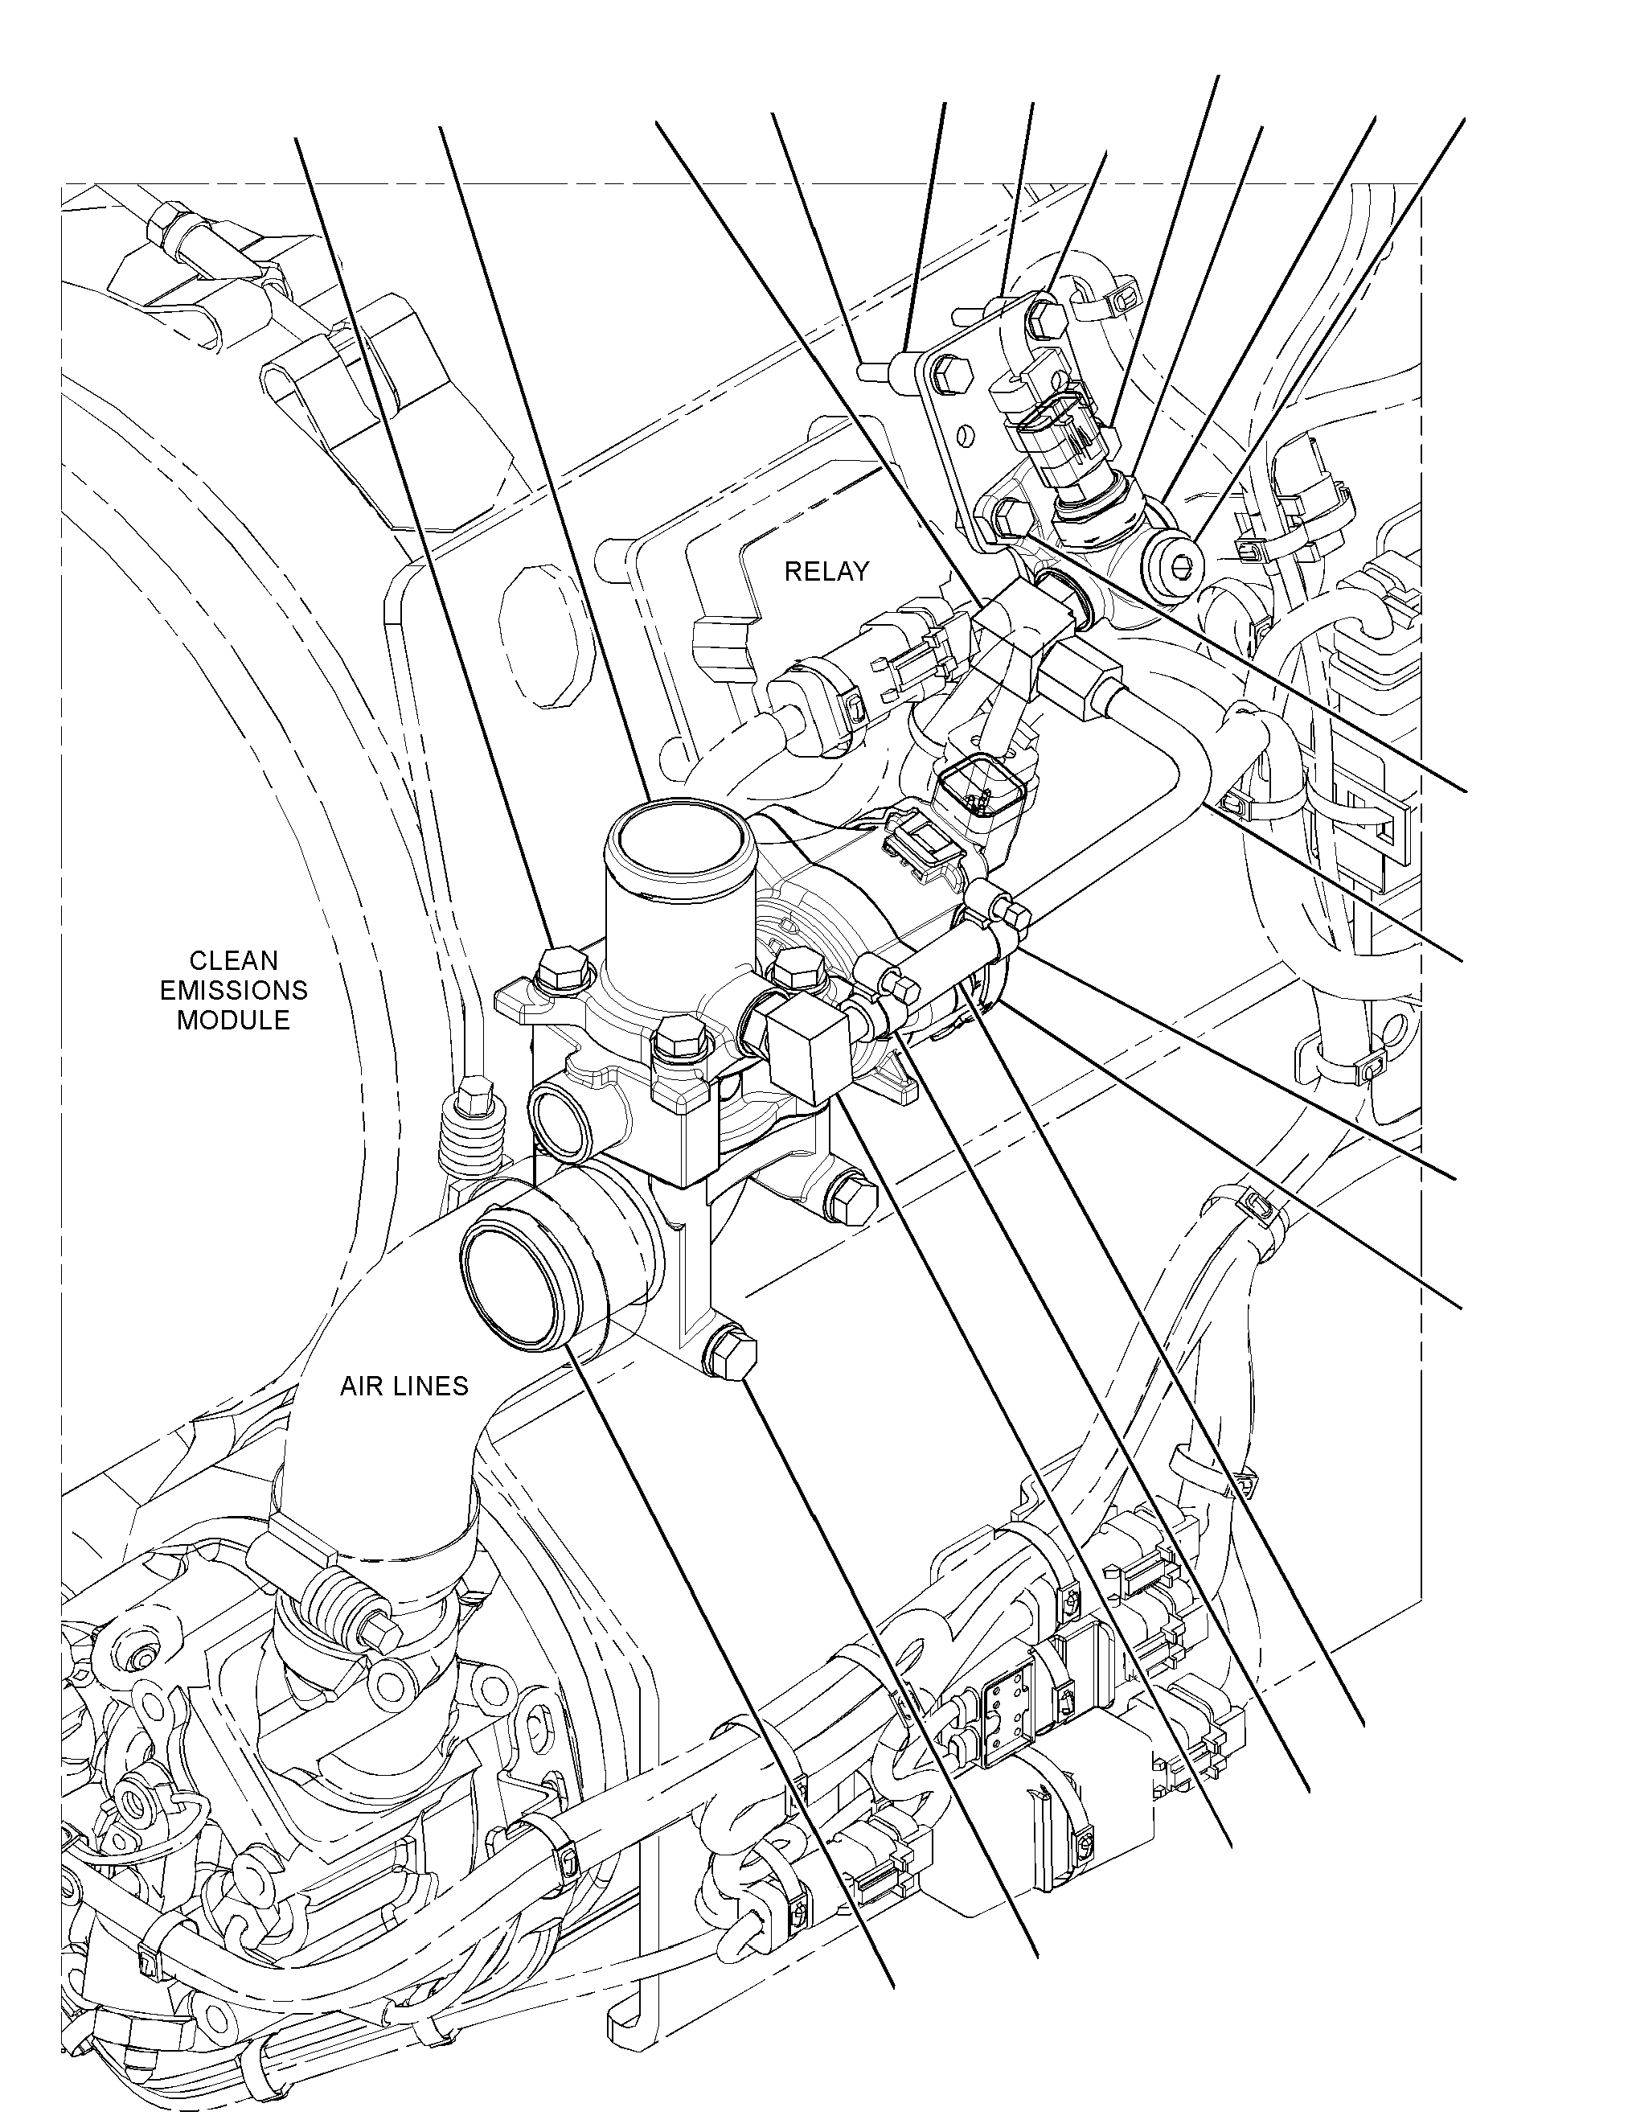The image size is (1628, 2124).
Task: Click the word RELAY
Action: pyautogui.click(x=826, y=572)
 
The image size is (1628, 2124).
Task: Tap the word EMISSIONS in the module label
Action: pyautogui.click(x=233, y=991)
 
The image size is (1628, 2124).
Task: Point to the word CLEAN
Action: pyautogui.click(x=233, y=961)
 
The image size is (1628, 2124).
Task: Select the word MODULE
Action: pyautogui.click(x=233, y=1021)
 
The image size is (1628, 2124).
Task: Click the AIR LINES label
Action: pyautogui.click(x=404, y=1387)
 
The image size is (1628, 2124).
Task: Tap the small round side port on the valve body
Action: pyautogui.click(x=561, y=1120)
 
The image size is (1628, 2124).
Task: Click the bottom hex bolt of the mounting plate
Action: pyautogui.click(x=1010, y=518)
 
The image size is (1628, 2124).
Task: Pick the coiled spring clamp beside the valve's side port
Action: pyautogui.click(x=472, y=1134)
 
